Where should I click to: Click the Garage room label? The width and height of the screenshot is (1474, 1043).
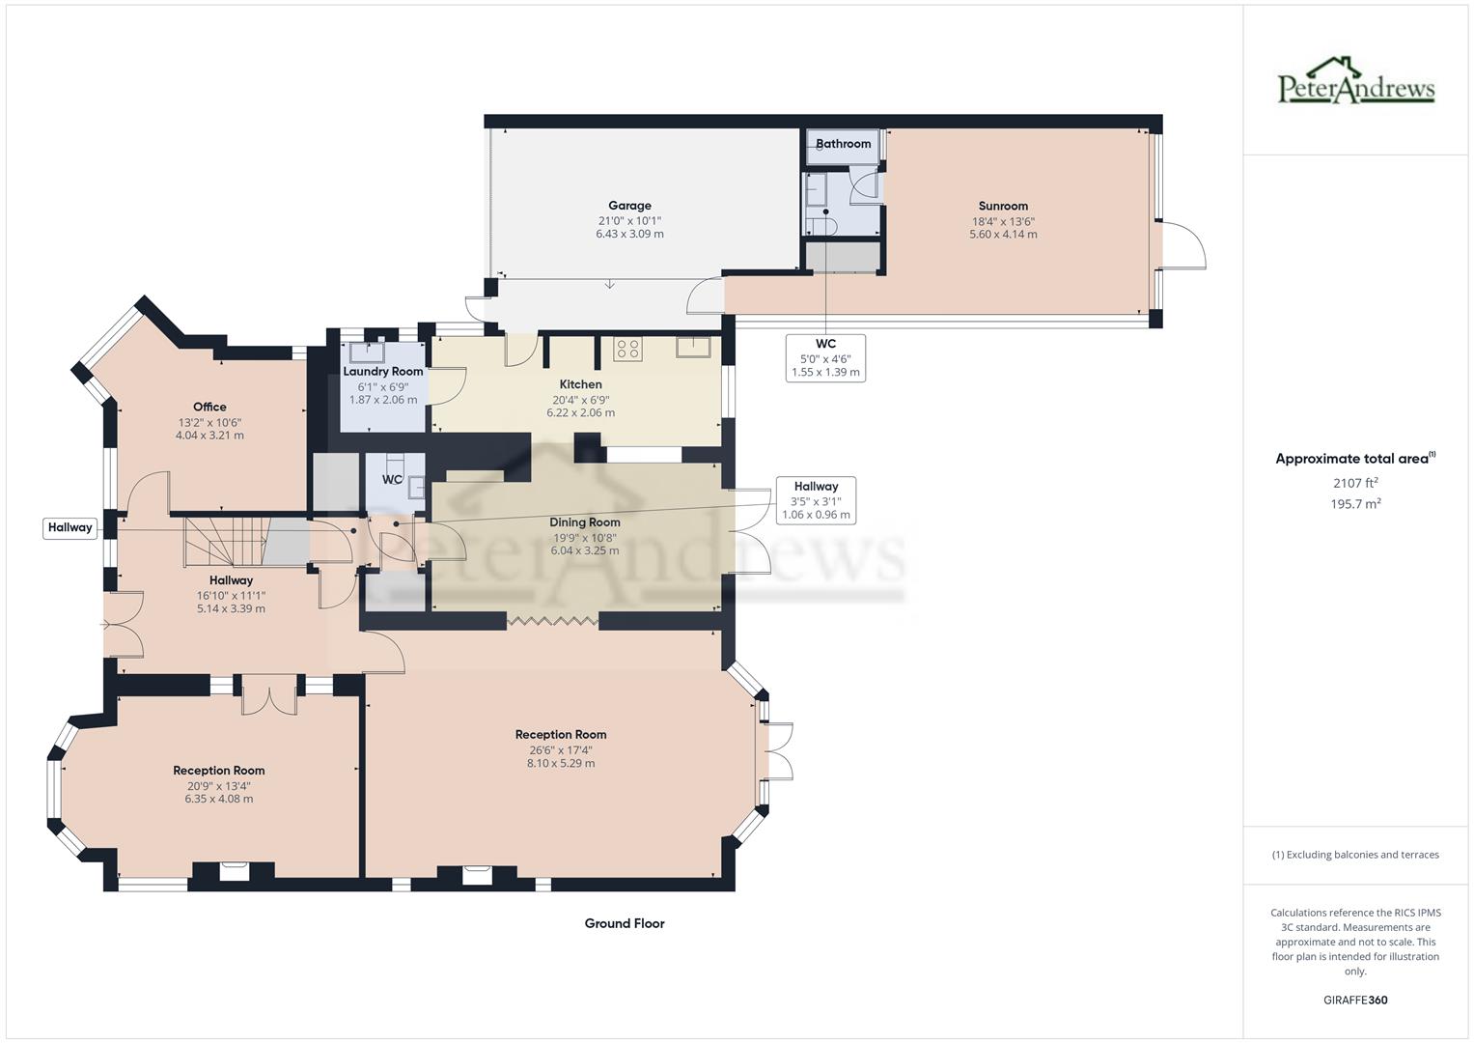[x=629, y=206]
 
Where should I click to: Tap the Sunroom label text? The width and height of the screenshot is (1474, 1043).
[x=1003, y=206]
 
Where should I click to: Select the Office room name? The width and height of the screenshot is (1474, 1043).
[x=209, y=407]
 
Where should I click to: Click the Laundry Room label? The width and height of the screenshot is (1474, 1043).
[x=383, y=372]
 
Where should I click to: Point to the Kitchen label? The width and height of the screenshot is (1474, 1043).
[x=580, y=384]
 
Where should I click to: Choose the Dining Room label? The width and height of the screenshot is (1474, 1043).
[x=585, y=522]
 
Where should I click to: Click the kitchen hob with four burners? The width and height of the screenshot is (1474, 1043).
[x=627, y=349]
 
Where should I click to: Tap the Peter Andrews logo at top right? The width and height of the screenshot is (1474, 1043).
[x=1356, y=82]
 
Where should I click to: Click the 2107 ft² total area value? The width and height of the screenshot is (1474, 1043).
[x=1355, y=483]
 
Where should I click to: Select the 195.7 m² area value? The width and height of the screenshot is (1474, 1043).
[x=1355, y=503]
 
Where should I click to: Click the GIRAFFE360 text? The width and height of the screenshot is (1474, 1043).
[x=1355, y=1000]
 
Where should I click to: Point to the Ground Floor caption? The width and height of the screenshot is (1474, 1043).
[x=625, y=923]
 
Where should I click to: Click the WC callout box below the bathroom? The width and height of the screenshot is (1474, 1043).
[x=825, y=357]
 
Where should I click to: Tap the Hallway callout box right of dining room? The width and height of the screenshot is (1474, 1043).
[x=816, y=500]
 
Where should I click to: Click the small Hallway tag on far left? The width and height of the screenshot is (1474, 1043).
[x=70, y=527]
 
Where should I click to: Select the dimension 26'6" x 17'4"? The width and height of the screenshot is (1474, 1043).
[x=560, y=749]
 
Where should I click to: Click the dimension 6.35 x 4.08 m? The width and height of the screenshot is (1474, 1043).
[x=219, y=799]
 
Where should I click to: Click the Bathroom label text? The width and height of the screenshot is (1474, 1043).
[x=843, y=144]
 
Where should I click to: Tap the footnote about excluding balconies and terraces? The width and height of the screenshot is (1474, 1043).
[x=1355, y=855]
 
